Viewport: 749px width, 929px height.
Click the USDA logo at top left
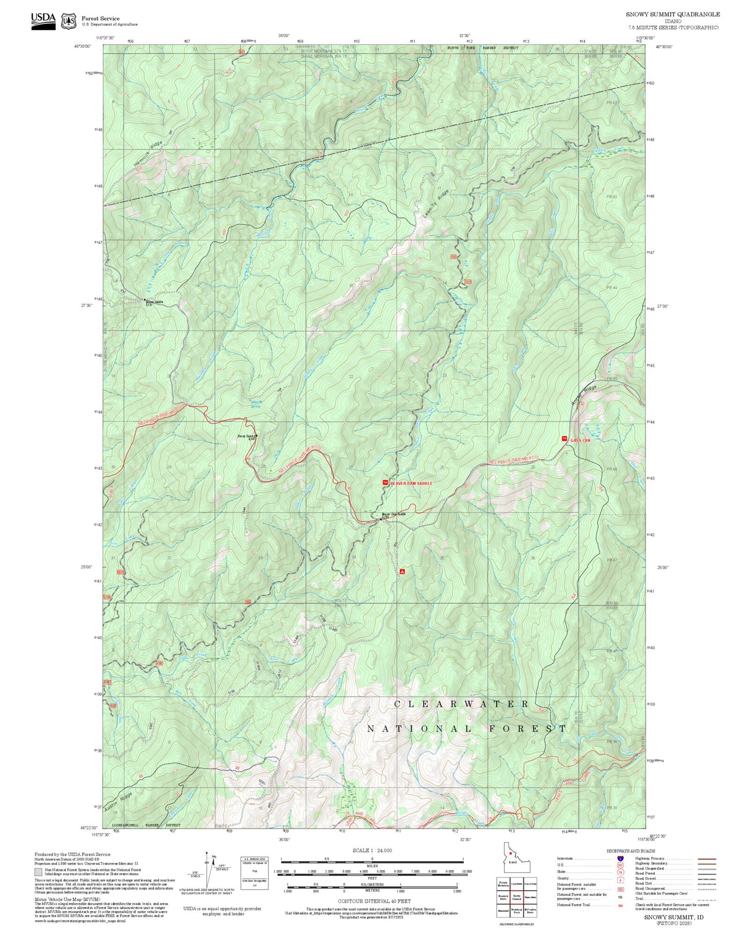point(43,21)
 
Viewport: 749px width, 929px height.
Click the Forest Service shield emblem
point(68,21)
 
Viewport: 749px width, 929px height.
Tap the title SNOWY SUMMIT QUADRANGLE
point(672,14)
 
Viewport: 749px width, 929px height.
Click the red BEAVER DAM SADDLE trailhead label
point(411,483)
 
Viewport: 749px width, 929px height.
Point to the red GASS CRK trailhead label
point(580,440)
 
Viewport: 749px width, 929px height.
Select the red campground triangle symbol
point(402,572)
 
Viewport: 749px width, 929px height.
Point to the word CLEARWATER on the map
point(461,704)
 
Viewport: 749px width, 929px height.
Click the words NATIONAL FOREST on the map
point(467,729)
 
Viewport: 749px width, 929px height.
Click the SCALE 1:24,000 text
point(372,850)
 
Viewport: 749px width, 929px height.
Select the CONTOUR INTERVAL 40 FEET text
point(374,902)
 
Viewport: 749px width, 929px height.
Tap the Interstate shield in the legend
point(620,859)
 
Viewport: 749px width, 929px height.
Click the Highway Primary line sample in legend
point(707,859)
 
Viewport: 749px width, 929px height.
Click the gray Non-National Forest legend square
point(38,872)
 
